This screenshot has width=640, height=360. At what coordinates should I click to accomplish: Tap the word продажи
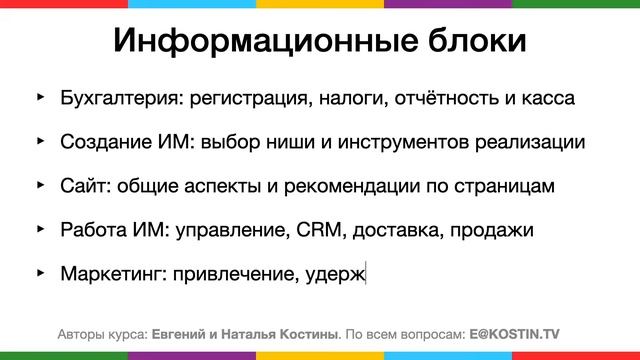tap(493, 228)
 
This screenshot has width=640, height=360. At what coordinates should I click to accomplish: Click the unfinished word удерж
tap(340, 272)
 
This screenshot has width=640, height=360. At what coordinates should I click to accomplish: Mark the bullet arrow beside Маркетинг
tap(41, 270)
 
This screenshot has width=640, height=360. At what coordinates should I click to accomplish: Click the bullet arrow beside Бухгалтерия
tap(41, 98)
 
